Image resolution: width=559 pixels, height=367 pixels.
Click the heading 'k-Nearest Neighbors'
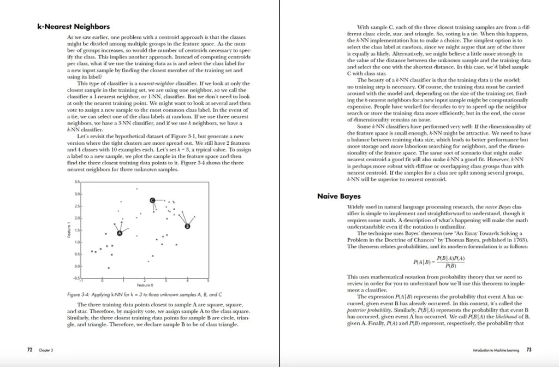(x=73, y=26)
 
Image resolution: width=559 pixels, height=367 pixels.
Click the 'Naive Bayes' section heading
(x=338, y=196)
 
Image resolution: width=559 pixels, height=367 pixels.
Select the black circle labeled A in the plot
(x=120, y=233)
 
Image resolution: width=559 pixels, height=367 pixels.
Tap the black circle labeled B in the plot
(x=188, y=226)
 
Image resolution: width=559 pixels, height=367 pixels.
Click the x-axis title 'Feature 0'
(x=145, y=285)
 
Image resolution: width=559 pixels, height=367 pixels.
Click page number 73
(x=529, y=349)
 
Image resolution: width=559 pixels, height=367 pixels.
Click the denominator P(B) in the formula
(x=450, y=266)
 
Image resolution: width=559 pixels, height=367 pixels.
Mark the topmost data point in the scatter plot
(x=136, y=189)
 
